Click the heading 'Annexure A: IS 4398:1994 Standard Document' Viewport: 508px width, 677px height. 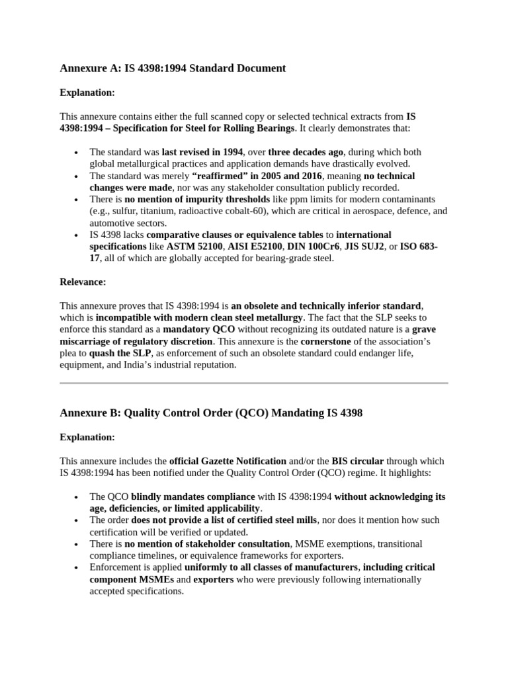tap(173, 68)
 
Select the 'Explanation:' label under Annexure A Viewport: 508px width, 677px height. tap(87, 93)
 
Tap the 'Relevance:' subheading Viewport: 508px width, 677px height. tap(83, 282)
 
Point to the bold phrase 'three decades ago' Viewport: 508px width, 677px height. tap(306, 152)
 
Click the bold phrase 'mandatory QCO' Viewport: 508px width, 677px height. tap(199, 329)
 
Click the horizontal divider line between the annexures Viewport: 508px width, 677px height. tap(254, 383)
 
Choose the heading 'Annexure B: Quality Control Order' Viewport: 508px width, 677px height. tap(211, 413)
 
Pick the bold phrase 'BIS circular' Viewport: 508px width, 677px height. tap(357, 461)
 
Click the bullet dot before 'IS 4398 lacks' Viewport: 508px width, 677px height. tap(77, 235)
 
